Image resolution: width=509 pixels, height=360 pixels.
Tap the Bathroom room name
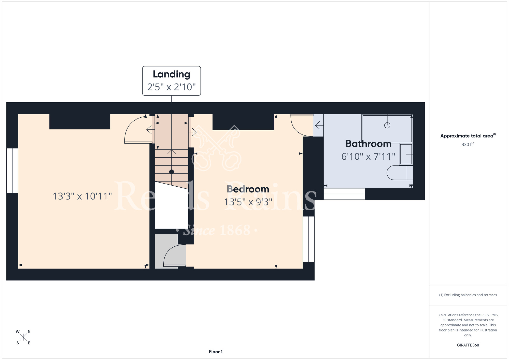point(368,144)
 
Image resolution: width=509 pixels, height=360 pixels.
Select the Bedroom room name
point(248,189)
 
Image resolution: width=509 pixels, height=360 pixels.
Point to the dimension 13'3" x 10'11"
point(82,196)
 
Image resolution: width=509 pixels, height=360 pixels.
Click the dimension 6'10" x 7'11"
point(368,157)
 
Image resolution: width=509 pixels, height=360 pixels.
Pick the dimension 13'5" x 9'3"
point(248,202)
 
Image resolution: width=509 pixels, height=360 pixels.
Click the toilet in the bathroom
point(400,173)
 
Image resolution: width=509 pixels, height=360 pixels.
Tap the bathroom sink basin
point(406,154)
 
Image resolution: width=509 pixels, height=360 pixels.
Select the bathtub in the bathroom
point(387,129)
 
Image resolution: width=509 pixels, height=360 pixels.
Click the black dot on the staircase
point(172,172)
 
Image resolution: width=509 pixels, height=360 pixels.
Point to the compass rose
point(23,337)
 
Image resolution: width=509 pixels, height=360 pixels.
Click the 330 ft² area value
point(468,144)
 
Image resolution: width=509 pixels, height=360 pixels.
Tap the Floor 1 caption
point(216,352)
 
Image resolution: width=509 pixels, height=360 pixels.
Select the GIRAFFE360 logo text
point(468,345)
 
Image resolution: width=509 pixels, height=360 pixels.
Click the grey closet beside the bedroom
point(166,251)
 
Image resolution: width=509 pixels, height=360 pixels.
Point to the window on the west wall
point(12,171)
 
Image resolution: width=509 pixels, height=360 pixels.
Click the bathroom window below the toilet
point(344,194)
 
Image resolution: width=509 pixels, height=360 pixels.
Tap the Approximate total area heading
point(468,136)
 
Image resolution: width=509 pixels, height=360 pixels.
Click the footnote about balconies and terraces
point(468,295)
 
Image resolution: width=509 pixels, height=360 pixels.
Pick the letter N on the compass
point(29,331)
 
